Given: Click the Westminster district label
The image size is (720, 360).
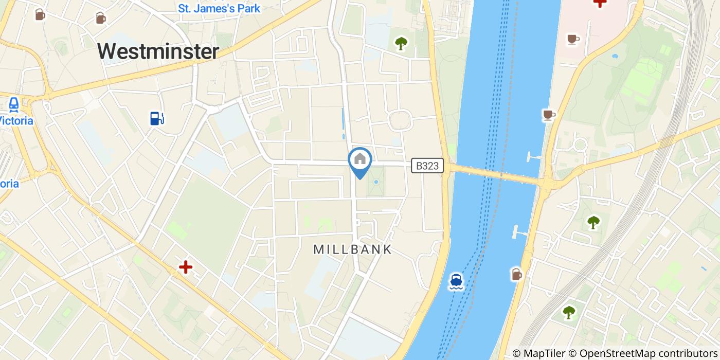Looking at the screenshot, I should coord(158,51).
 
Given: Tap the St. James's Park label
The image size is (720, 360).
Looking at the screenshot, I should coord(219,8).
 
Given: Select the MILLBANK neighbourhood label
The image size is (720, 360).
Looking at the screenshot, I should coord(353,249).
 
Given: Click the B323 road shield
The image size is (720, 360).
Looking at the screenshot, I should coord(427,166).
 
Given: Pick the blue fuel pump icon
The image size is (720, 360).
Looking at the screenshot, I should coord(157,118).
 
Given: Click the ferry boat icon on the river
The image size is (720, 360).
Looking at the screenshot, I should coord(456,281).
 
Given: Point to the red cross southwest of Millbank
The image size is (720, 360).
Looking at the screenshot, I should coord(185,267).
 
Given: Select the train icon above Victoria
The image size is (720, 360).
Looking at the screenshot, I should coord(14,104).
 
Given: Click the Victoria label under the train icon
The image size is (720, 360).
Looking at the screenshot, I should coord(16,121).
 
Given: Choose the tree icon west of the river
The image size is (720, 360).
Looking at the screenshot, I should coord(401,44).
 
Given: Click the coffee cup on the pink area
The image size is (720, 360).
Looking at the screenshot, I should coord(573,39).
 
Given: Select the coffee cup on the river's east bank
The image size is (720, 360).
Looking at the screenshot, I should coord(549,115).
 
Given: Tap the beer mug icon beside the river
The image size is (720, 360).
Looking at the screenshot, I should coord(517,274).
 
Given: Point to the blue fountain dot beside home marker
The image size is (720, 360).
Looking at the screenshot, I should coord(376,182).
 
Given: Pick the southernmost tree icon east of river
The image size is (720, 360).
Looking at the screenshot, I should coord(569,312).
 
